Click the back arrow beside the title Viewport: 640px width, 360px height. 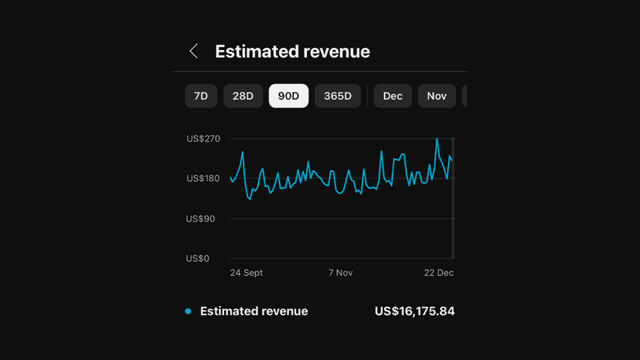click(194, 51)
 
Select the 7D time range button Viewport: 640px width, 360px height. click(201, 96)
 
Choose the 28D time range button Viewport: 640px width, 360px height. click(243, 96)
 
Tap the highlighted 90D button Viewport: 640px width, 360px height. click(288, 96)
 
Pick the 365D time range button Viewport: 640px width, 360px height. click(338, 96)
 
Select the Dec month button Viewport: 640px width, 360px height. click(392, 96)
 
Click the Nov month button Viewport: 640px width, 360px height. click(436, 96)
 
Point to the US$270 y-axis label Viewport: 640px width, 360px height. click(203, 138)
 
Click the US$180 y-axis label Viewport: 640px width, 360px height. click(203, 178)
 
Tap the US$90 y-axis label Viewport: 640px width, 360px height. click(200, 219)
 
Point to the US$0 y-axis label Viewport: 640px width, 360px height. click(197, 258)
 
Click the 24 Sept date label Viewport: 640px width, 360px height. click(246, 273)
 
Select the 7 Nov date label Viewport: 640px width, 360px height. click(340, 273)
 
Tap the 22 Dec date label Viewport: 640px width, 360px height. click(439, 273)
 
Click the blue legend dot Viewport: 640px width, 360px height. click(188, 311)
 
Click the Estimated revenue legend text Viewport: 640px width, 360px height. click(253, 311)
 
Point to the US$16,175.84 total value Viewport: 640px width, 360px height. click(415, 311)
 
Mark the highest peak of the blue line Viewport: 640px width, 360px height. click(437, 139)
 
